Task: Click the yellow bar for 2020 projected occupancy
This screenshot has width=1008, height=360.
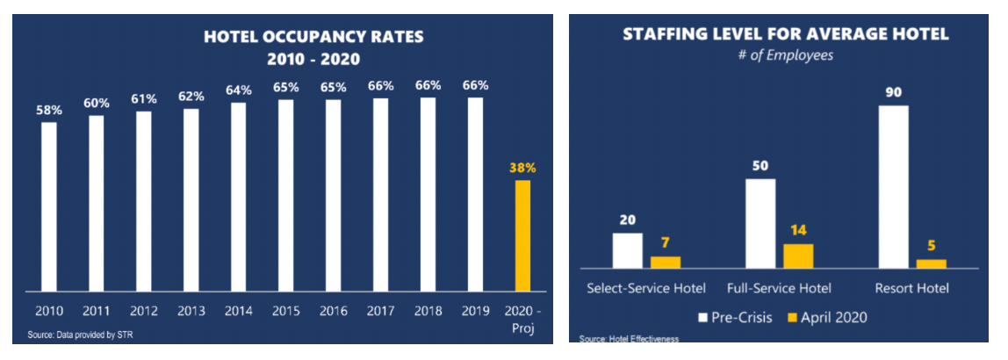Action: click(522, 235)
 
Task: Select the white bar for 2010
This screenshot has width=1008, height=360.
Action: click(49, 206)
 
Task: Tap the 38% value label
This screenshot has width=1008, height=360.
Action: click(522, 168)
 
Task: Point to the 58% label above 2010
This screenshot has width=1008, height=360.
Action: click(49, 111)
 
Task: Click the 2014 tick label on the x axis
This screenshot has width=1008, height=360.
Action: click(239, 310)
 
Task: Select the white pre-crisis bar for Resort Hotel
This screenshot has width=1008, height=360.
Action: click(893, 186)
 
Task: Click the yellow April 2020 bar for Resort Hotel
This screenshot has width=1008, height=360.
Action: click(931, 263)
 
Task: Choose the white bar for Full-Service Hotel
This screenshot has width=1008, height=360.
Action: click(760, 223)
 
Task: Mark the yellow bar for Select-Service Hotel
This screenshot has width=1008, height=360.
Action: click(665, 262)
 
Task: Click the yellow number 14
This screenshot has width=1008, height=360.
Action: click(798, 231)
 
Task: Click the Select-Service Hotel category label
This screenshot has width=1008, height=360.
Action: click(647, 288)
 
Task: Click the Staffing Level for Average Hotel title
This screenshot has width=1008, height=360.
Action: click(786, 34)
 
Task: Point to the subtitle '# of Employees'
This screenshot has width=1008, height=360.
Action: click(786, 54)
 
